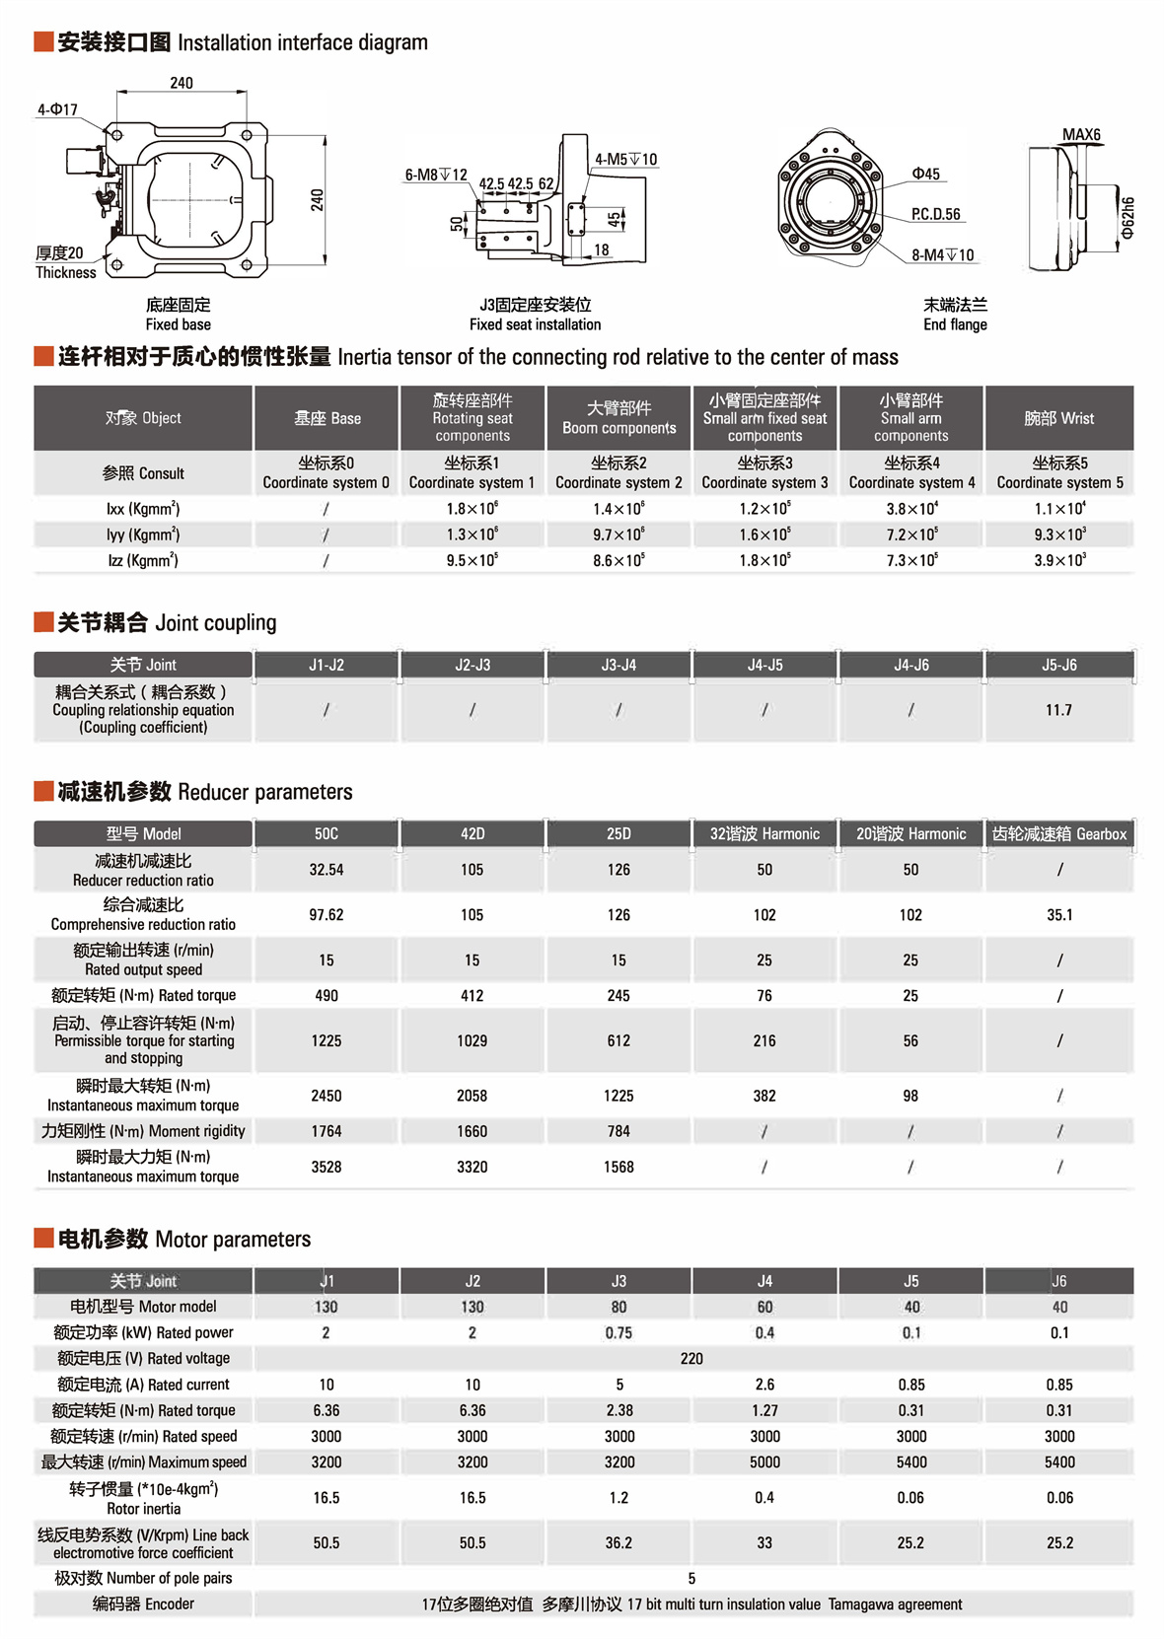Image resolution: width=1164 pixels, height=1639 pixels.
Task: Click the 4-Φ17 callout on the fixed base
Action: [57, 109]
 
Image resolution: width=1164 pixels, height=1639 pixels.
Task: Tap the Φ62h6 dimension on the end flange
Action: [1128, 218]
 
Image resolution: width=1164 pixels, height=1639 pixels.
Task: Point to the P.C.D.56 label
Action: [935, 214]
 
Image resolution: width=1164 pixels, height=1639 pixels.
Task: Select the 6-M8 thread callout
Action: [436, 175]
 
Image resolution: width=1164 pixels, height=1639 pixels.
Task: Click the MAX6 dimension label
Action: [1081, 135]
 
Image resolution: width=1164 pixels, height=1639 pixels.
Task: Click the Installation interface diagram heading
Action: [243, 42]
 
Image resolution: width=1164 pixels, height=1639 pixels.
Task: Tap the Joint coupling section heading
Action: [167, 622]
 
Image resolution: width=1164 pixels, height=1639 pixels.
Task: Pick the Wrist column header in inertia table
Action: [1058, 418]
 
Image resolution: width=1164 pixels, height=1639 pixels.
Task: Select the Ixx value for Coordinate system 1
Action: [472, 509]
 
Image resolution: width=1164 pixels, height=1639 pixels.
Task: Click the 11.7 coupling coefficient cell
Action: [1058, 710]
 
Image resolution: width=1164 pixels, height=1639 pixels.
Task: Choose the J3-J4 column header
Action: [618, 665]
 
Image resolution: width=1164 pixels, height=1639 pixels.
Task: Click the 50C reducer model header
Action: [326, 834]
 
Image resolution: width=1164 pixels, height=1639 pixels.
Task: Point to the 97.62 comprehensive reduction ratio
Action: [326, 915]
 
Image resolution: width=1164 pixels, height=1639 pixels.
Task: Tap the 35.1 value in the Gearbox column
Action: [1059, 915]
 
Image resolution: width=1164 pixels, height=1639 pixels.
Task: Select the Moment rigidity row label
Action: [143, 1131]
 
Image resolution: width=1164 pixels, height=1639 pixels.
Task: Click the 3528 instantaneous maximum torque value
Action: [326, 1167]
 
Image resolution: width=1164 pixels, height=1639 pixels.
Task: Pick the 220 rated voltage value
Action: [691, 1359]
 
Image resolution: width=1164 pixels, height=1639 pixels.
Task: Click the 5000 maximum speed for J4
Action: [764, 1462]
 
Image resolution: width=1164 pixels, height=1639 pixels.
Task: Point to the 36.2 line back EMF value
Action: [618, 1543]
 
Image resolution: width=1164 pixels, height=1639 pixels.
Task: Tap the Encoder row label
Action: [143, 1604]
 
